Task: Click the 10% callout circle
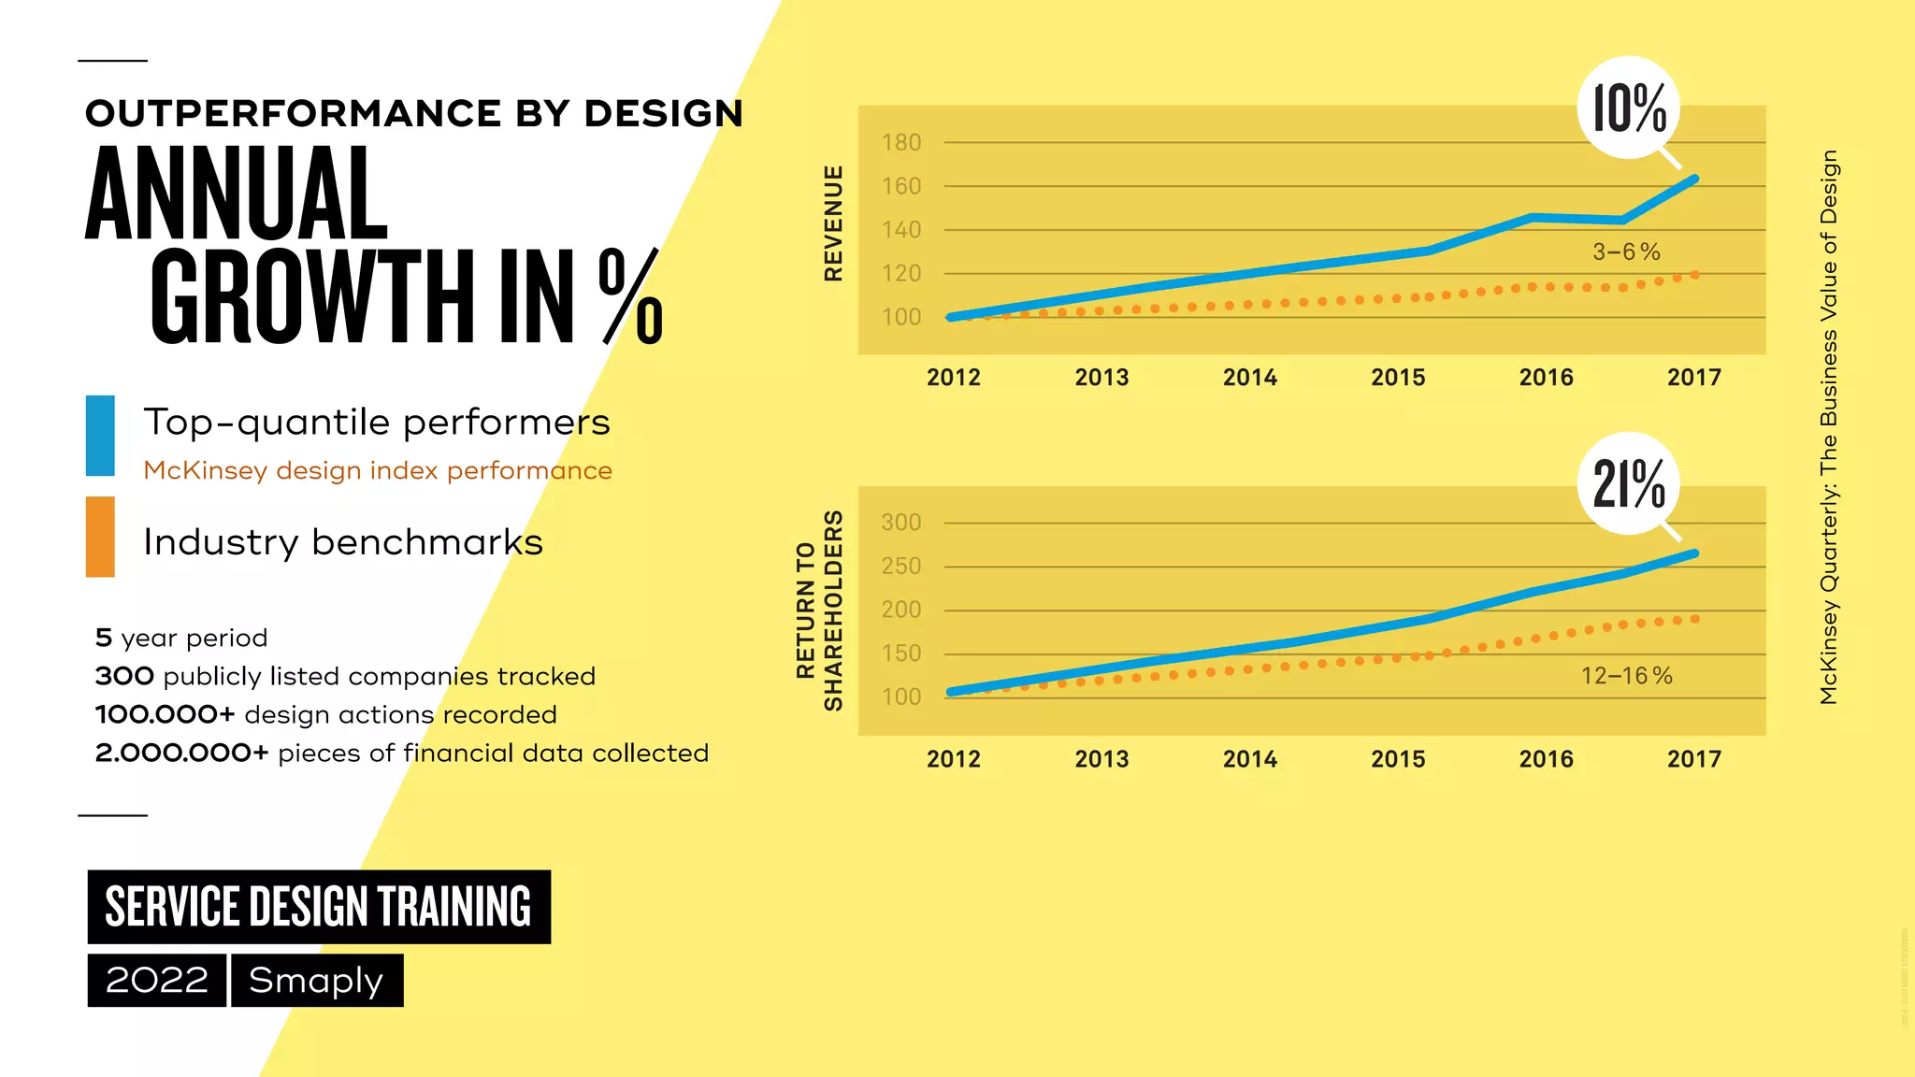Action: [1628, 108]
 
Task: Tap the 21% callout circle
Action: [1628, 484]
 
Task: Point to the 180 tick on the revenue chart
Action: [901, 143]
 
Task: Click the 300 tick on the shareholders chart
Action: [901, 523]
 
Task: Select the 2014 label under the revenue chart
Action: [1249, 378]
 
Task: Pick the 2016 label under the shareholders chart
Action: [1546, 759]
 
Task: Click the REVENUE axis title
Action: [833, 223]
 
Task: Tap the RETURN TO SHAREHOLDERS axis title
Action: [819, 610]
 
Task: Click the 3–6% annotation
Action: [1626, 252]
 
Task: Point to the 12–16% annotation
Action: [1626, 676]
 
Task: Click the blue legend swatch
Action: [100, 436]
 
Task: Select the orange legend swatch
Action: [100, 537]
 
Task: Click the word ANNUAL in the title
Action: [237, 195]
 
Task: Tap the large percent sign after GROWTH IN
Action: [631, 297]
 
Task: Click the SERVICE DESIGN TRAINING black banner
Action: [319, 907]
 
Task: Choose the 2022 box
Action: [156, 981]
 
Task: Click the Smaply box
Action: [316, 981]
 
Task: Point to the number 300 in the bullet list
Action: [124, 676]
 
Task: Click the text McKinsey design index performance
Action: [378, 470]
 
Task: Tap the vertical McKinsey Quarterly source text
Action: [1829, 426]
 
